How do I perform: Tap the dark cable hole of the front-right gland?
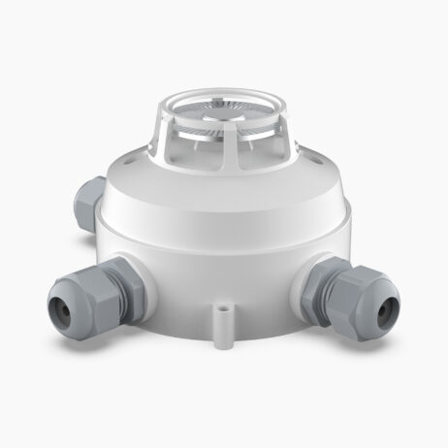click(390, 311)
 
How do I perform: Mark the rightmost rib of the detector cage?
click(287, 136)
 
